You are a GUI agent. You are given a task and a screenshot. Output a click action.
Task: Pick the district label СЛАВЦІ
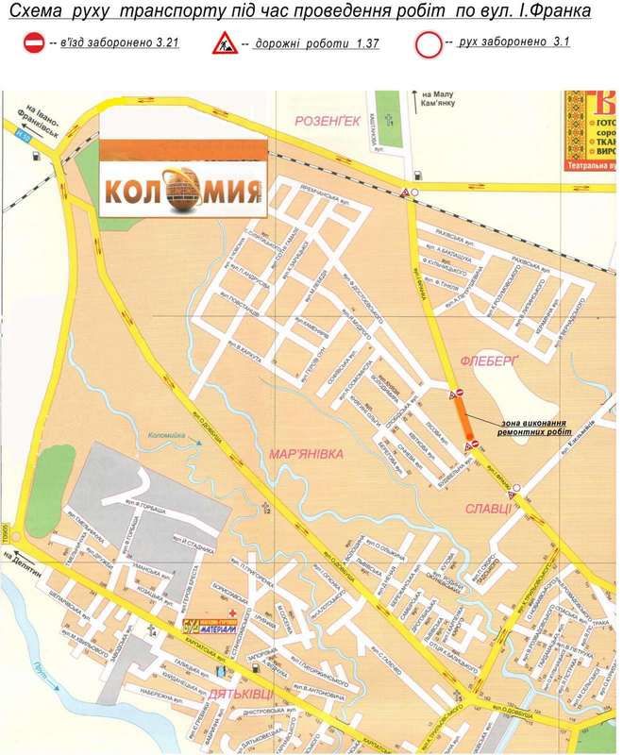(487, 509)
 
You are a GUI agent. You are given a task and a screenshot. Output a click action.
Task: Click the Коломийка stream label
(165, 435)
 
